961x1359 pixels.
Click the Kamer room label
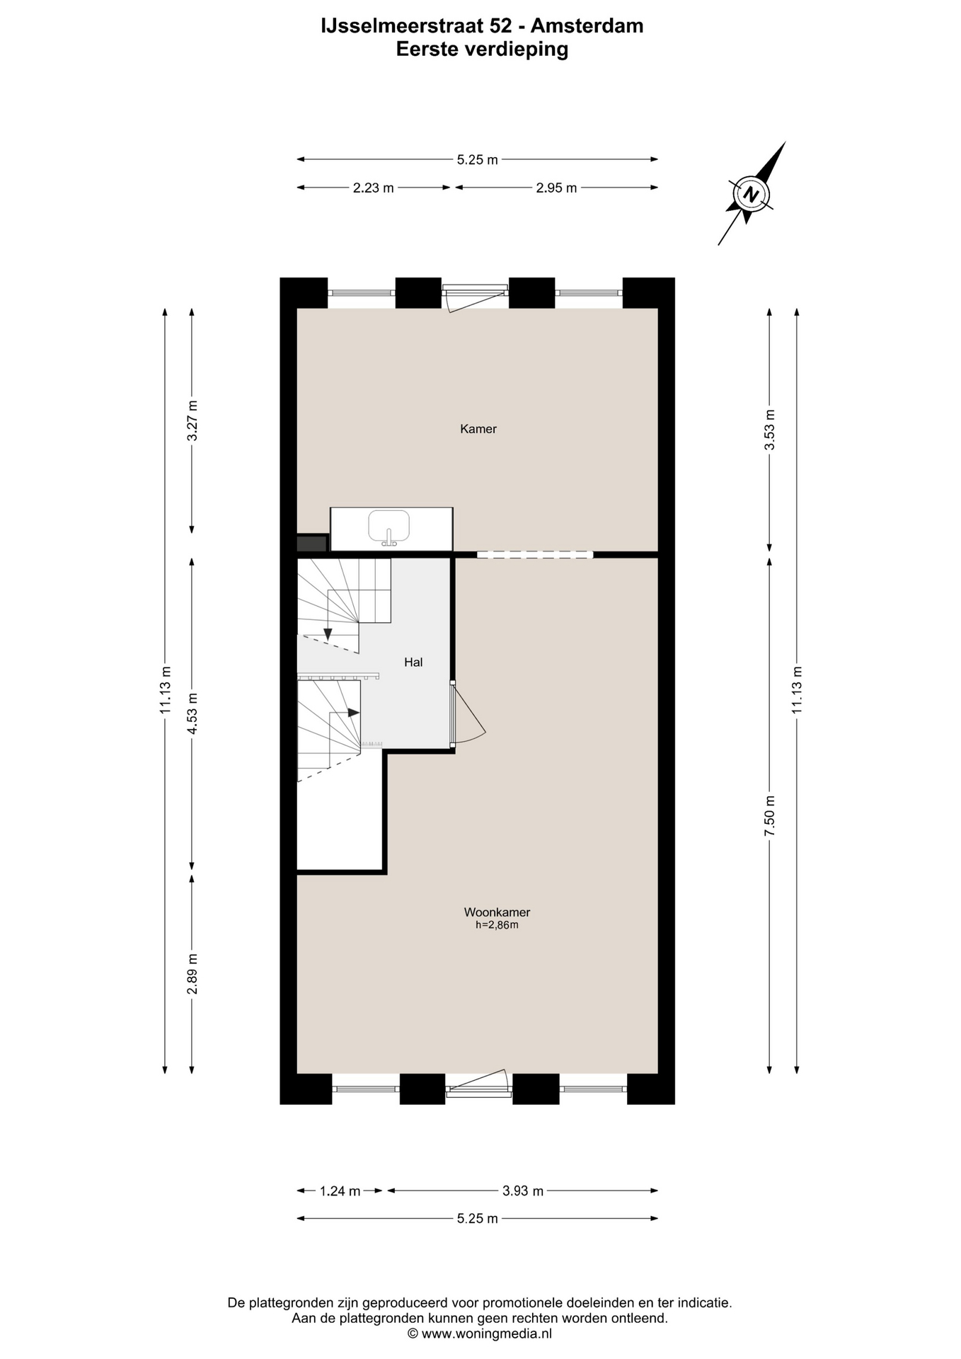click(x=478, y=429)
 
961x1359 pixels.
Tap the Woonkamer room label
click(x=497, y=912)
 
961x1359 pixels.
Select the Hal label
click(x=413, y=663)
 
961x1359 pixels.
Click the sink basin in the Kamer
click(x=389, y=525)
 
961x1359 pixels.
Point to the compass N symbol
click(x=750, y=194)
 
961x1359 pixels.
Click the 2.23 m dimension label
click(x=374, y=188)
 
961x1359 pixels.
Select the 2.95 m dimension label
click(x=556, y=188)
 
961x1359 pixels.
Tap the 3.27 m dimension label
click(x=192, y=420)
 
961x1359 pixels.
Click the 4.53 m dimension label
click(x=192, y=713)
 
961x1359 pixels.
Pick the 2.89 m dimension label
click(x=192, y=973)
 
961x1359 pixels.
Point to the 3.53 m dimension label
click(x=770, y=430)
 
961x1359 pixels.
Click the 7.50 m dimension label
click(x=770, y=815)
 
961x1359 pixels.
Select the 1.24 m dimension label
click(x=340, y=1191)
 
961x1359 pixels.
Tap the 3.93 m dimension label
click(x=523, y=1191)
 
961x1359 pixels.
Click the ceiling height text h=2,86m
click(x=497, y=925)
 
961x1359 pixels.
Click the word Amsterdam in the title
click(x=587, y=26)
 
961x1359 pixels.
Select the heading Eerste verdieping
click(x=482, y=50)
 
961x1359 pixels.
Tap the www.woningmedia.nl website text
click(x=487, y=1334)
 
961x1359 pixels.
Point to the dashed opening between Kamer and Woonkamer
click(x=535, y=555)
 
